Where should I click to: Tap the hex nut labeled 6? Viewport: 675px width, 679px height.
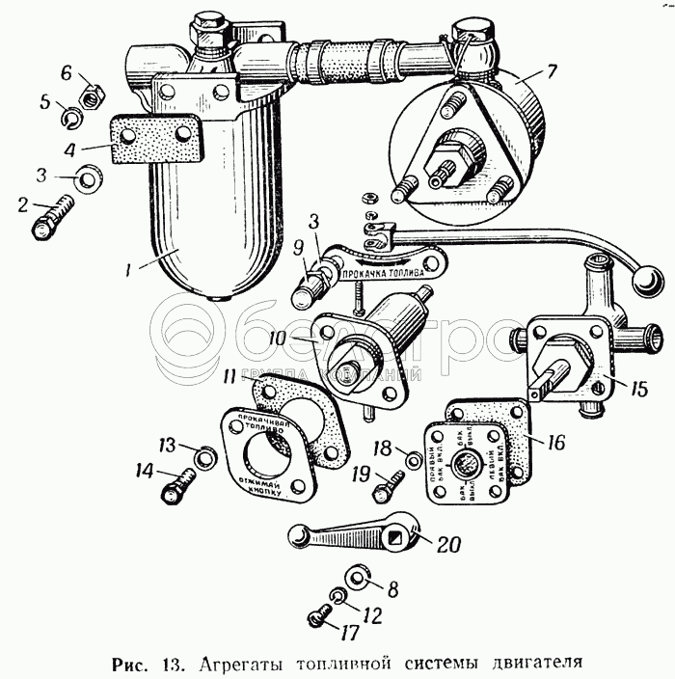coord(90,95)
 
